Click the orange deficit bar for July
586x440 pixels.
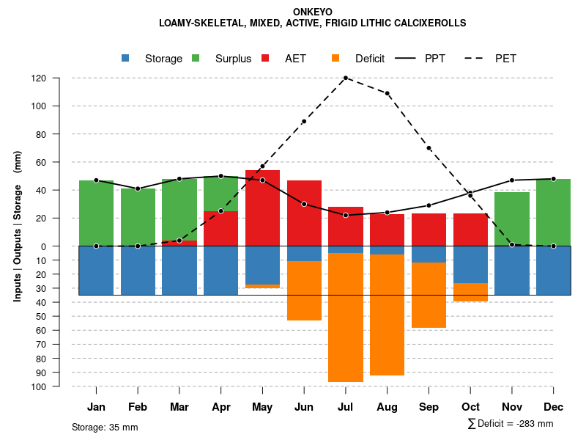(x=346, y=318)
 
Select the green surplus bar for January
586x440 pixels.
(x=96, y=213)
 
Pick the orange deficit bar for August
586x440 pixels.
(x=387, y=315)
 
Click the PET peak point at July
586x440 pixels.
(x=346, y=78)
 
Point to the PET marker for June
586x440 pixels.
(x=304, y=121)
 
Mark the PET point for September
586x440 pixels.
(x=429, y=148)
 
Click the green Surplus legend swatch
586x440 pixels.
(x=196, y=58)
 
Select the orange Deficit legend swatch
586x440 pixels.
(x=336, y=58)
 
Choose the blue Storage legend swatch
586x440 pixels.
(x=126, y=58)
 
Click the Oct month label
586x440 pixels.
(x=470, y=407)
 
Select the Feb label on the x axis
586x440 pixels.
(x=138, y=407)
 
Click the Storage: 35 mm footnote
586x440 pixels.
(x=105, y=427)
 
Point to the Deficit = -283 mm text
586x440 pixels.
(x=511, y=424)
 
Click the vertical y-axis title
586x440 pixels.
(x=18, y=226)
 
